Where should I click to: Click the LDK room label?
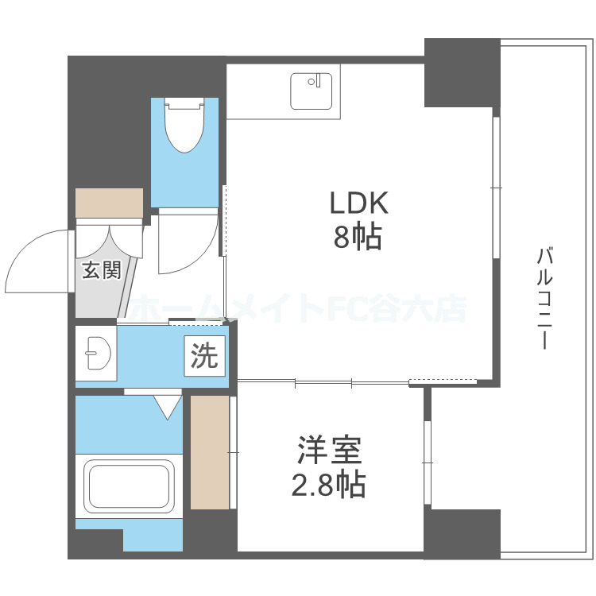tap(358, 203)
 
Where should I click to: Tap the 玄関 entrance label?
tap(101, 271)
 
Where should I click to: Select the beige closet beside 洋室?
tap(209, 451)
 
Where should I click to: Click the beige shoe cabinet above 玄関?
tap(109, 202)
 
